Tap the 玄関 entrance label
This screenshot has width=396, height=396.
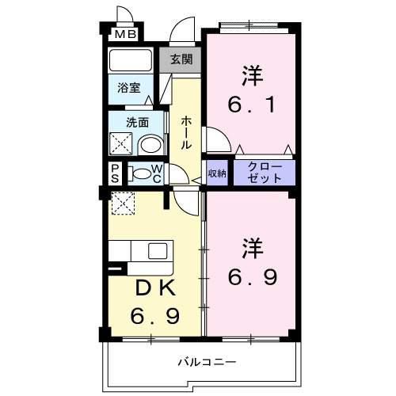(x=181, y=59)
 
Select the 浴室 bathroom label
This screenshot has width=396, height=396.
(x=130, y=88)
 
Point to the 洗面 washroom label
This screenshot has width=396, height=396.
(x=138, y=123)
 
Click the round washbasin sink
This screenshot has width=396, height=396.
(x=149, y=145)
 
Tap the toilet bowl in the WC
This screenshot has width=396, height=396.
(x=142, y=173)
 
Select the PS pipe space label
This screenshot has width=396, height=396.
(x=115, y=173)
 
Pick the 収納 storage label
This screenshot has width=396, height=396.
(x=217, y=172)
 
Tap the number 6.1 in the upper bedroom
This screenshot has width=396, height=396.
(x=253, y=104)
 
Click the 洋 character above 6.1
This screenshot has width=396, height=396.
(x=253, y=75)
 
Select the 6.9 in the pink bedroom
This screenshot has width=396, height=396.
(x=253, y=278)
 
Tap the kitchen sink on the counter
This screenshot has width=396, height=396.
(x=157, y=252)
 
